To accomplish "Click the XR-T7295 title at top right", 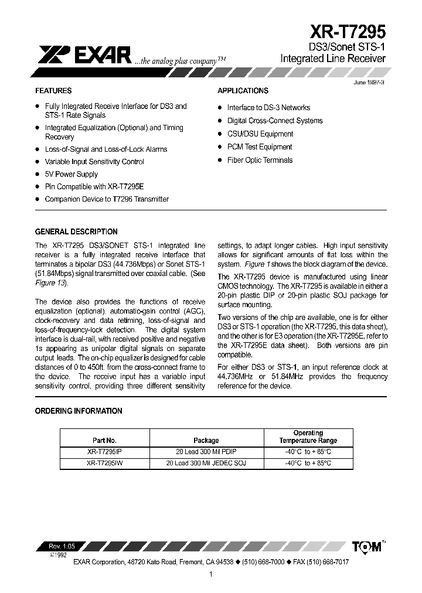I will [348, 31].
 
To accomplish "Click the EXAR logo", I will [84, 55].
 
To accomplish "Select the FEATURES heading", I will [53, 91].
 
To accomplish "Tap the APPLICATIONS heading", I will [243, 91].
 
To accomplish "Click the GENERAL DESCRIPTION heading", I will [76, 231].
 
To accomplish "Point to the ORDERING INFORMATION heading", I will [79, 411].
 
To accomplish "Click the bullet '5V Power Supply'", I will [71, 174].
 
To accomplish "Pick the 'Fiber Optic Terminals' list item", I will [260, 160].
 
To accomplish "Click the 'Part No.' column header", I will [105, 440].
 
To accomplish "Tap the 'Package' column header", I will [206, 440].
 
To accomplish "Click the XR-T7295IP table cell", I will [105, 451].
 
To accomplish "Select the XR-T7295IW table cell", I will [105, 463].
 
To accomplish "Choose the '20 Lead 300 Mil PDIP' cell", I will [206, 451].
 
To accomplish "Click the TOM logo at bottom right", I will [367, 547].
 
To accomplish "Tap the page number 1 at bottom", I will [210, 574].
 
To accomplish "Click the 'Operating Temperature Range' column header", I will [308, 437].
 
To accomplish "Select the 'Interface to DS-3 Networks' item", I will [268, 108].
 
